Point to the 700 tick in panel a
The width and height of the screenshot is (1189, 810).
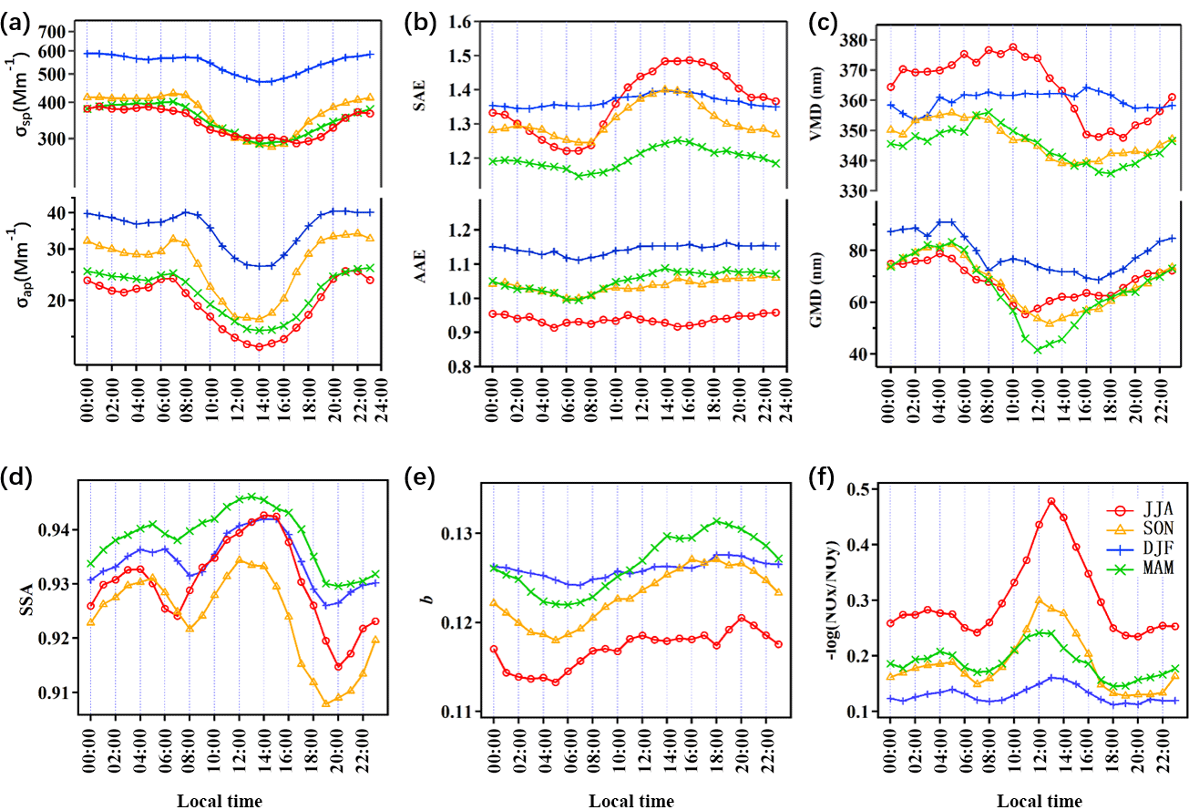point(53,31)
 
